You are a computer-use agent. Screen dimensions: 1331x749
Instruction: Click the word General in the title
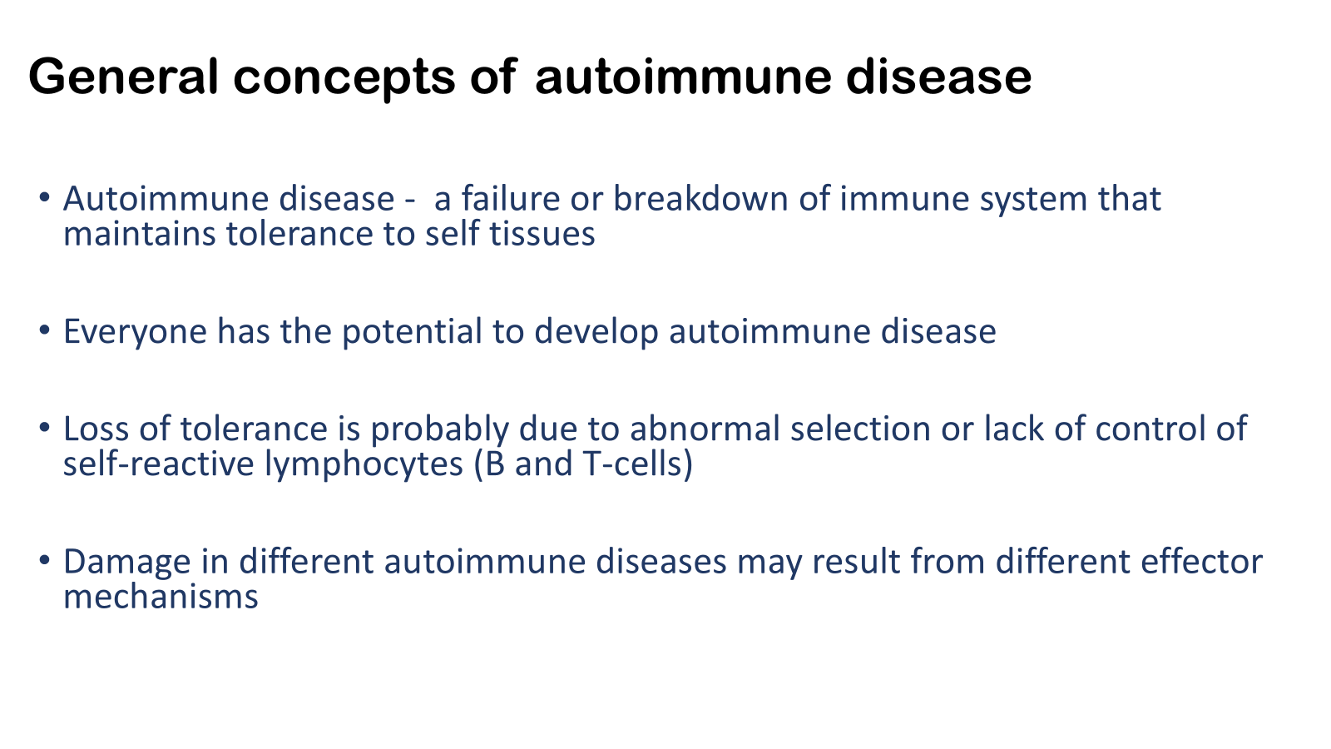[x=123, y=76]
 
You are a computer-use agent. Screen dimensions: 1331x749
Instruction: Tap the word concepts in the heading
[x=344, y=78]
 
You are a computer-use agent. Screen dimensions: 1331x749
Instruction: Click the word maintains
[x=140, y=233]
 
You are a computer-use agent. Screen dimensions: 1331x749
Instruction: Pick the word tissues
[x=542, y=233]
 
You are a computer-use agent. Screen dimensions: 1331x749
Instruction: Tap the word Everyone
[x=135, y=331]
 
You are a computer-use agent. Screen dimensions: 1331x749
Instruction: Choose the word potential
[x=412, y=331]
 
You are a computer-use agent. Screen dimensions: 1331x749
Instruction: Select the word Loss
[x=96, y=429]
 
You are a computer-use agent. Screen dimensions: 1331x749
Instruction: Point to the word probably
[x=440, y=429]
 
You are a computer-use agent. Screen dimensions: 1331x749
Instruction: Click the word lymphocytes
[x=364, y=464]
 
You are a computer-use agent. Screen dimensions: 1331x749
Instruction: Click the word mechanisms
[x=161, y=597]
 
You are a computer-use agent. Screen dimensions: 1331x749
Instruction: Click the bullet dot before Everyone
[x=44, y=330]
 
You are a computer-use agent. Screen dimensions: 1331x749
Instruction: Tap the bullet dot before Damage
[x=44, y=561]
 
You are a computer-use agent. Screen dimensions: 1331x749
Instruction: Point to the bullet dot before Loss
[x=44, y=428]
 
